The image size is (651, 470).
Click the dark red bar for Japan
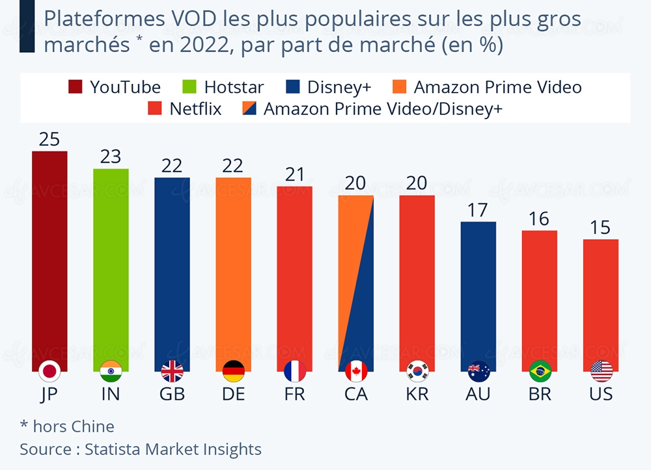pyautogui.click(x=49, y=260)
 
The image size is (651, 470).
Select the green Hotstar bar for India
pyautogui.click(x=111, y=267)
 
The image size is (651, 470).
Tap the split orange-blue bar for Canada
pyautogui.click(x=355, y=280)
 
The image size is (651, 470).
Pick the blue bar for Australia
pyautogui.click(x=478, y=293)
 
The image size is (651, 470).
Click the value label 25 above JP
pyautogui.click(x=49, y=140)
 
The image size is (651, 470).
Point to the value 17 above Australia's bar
pyautogui.click(x=478, y=211)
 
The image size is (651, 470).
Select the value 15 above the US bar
pyautogui.click(x=600, y=228)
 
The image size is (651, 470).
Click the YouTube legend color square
pyautogui.click(x=76, y=87)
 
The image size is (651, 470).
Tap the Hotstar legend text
pyautogui.click(x=234, y=87)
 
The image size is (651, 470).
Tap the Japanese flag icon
pyautogui.click(x=49, y=371)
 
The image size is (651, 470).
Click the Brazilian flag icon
pyautogui.click(x=540, y=371)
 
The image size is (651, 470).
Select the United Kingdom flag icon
pyautogui.click(x=172, y=371)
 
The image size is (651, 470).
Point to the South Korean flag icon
pyautogui.click(x=417, y=371)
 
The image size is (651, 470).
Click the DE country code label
pyautogui.click(x=233, y=395)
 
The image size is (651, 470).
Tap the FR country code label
pyautogui.click(x=294, y=395)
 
